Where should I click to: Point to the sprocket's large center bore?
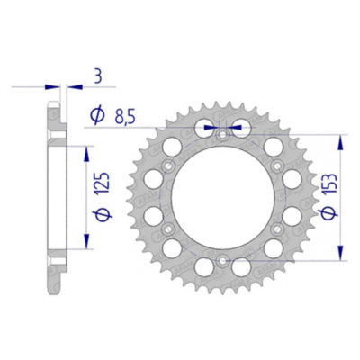pos(221,198)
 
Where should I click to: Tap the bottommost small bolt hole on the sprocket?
pos(221,262)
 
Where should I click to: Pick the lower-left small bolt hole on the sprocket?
pos(166,230)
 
